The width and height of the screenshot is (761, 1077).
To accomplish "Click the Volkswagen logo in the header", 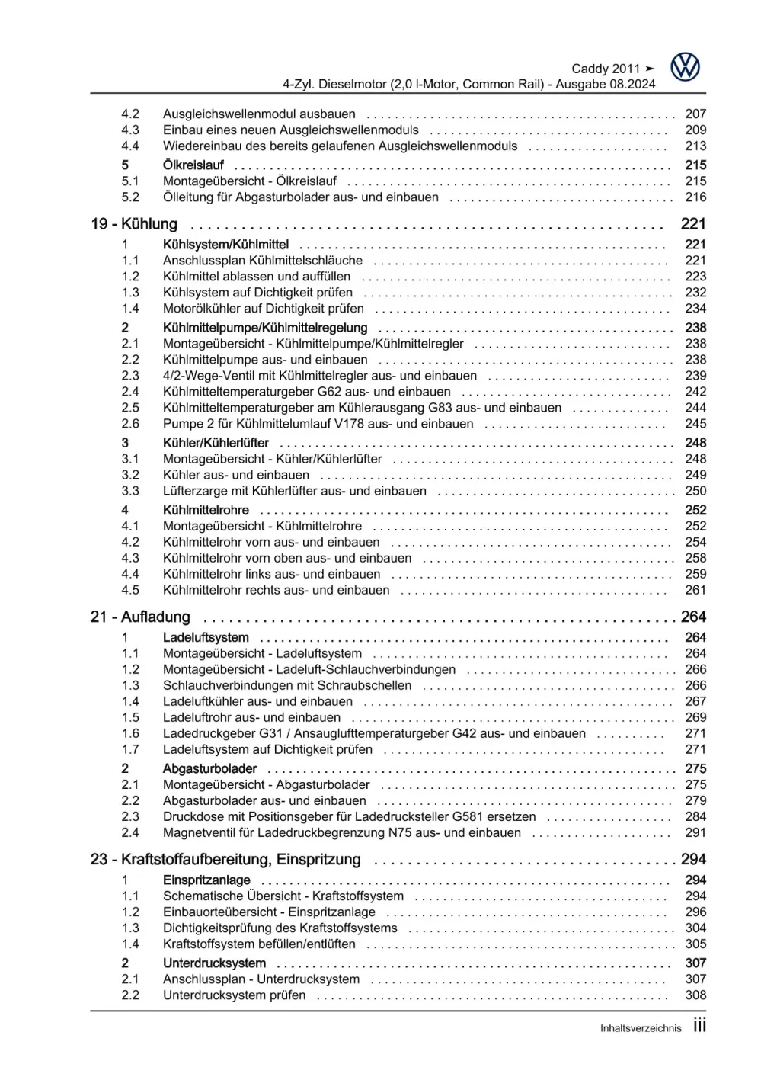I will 685,67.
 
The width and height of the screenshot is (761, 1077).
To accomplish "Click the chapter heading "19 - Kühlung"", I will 134,224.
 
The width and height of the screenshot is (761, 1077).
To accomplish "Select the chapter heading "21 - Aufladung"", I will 140,617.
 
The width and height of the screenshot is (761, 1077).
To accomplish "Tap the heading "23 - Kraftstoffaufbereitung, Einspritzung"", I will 225,859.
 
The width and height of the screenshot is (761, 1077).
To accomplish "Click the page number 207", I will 695,114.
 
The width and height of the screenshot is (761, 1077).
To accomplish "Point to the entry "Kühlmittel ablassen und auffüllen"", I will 257,277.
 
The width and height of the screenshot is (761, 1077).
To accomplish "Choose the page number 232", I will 695,293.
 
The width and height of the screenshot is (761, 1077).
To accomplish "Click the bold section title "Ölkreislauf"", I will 193,165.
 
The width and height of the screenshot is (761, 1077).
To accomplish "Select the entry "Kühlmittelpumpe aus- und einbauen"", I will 265,360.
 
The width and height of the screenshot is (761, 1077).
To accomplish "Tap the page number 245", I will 695,424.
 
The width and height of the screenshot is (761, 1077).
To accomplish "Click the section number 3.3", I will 130,491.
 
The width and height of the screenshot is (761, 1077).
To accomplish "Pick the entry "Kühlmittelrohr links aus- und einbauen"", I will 271,574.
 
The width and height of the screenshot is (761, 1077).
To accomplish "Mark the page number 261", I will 695,590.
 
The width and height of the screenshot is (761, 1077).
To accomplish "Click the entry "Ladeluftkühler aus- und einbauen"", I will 257,701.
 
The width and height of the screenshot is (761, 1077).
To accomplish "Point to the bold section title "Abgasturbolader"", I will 209,768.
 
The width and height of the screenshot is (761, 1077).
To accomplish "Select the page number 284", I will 695,816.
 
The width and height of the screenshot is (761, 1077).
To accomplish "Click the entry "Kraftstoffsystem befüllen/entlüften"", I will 259,944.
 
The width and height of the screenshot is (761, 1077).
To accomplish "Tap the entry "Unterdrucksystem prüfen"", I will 234,995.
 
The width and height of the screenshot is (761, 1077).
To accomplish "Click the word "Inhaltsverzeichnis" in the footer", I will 641,1028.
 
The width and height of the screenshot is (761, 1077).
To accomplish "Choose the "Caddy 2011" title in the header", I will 606,69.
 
